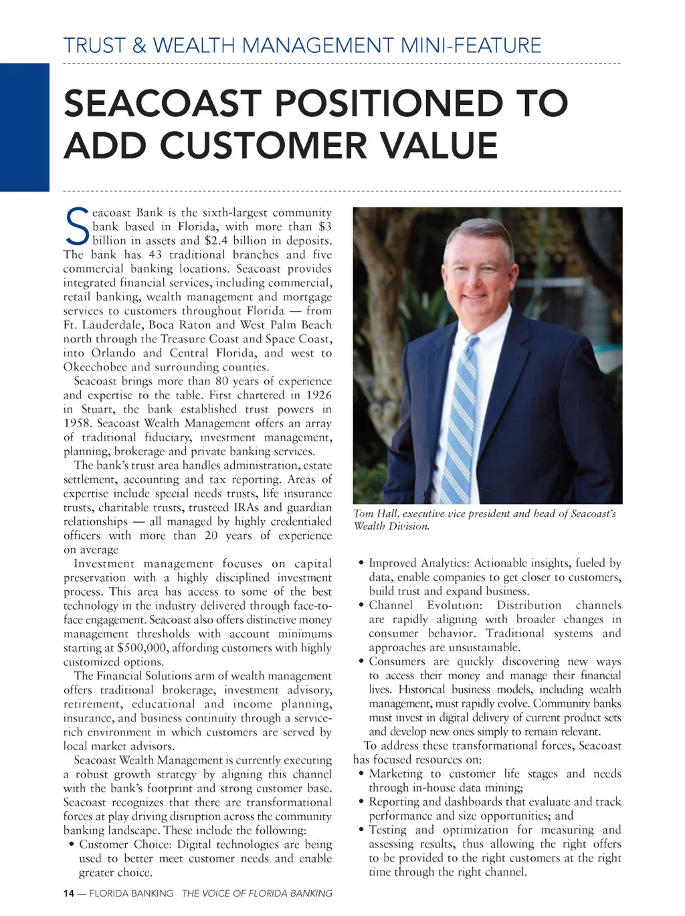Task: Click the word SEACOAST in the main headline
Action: [163, 104]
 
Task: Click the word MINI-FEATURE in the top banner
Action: [470, 45]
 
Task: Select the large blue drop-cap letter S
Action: [77, 226]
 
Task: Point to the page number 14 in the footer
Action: [68, 893]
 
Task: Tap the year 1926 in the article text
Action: [318, 395]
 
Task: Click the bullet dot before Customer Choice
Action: [72, 844]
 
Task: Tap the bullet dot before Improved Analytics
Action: [361, 564]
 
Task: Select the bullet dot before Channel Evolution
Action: [361, 606]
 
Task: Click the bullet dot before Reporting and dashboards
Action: [361, 802]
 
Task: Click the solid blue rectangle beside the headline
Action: [25, 127]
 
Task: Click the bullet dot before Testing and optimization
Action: [361, 830]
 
